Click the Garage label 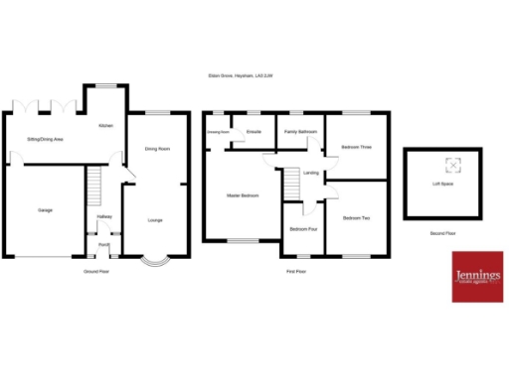tap(46, 210)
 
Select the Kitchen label tap(105, 127)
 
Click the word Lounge tap(155, 219)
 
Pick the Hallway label tap(103, 216)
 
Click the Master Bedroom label tap(243, 195)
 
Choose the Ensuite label tap(254, 131)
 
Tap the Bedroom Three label tap(356, 148)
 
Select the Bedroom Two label tap(356, 217)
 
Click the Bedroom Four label tap(303, 229)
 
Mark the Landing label tap(311, 173)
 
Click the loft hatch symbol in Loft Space tap(452, 165)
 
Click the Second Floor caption tap(442, 233)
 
